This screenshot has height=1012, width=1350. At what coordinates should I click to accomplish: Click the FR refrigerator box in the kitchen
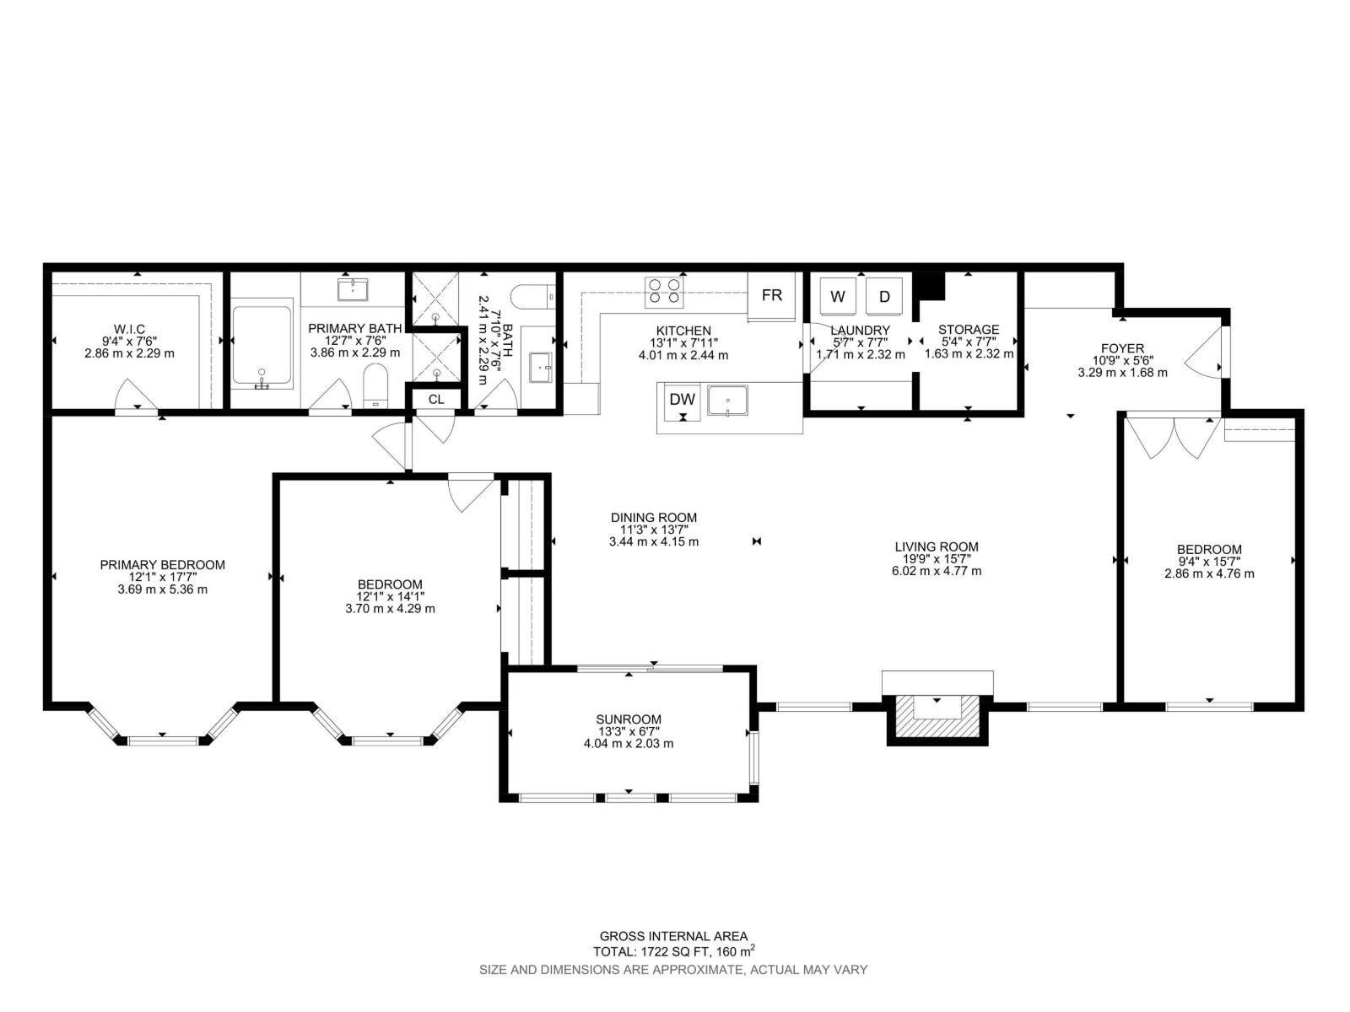(x=771, y=295)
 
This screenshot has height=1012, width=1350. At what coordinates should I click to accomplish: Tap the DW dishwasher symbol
(x=682, y=402)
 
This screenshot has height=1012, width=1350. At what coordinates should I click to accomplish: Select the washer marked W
(x=838, y=296)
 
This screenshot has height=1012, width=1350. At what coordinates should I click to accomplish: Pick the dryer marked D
(x=884, y=296)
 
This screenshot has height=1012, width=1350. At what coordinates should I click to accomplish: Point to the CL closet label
(x=436, y=400)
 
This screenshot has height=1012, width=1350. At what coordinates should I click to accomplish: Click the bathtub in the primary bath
(x=262, y=345)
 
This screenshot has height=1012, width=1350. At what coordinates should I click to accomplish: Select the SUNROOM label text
(x=629, y=719)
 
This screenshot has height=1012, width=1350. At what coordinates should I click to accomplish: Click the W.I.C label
(x=129, y=330)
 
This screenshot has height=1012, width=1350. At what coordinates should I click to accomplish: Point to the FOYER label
(x=1122, y=348)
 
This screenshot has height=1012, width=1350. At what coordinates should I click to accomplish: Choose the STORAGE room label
(x=969, y=330)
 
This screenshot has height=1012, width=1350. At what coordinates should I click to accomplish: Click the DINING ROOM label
(x=654, y=517)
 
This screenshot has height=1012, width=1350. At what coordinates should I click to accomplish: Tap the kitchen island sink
(x=727, y=401)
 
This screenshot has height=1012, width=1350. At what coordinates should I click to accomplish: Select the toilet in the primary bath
(x=375, y=386)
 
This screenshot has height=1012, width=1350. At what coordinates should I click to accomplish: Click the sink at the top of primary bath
(x=353, y=289)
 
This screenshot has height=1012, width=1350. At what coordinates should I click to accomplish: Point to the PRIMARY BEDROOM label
(x=162, y=565)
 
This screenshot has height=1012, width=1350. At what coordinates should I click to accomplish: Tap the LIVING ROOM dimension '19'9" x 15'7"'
(x=937, y=558)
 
